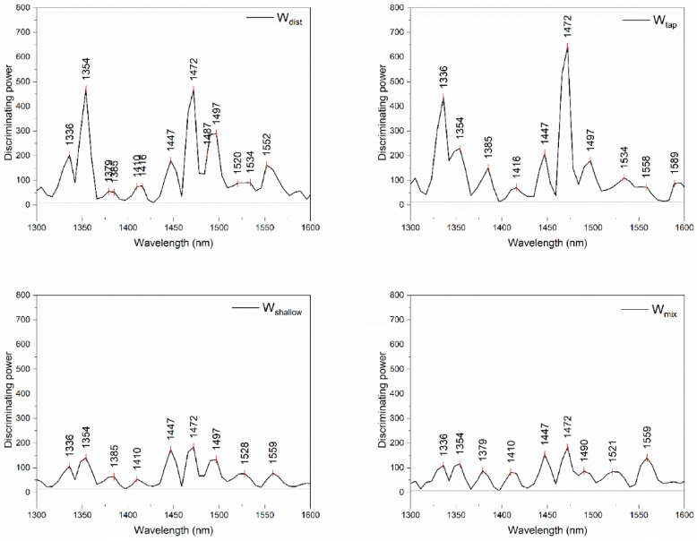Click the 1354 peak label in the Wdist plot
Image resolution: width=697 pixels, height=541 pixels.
86,68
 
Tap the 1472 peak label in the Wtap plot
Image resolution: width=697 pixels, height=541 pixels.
567,26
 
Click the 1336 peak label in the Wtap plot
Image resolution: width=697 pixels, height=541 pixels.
443,76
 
